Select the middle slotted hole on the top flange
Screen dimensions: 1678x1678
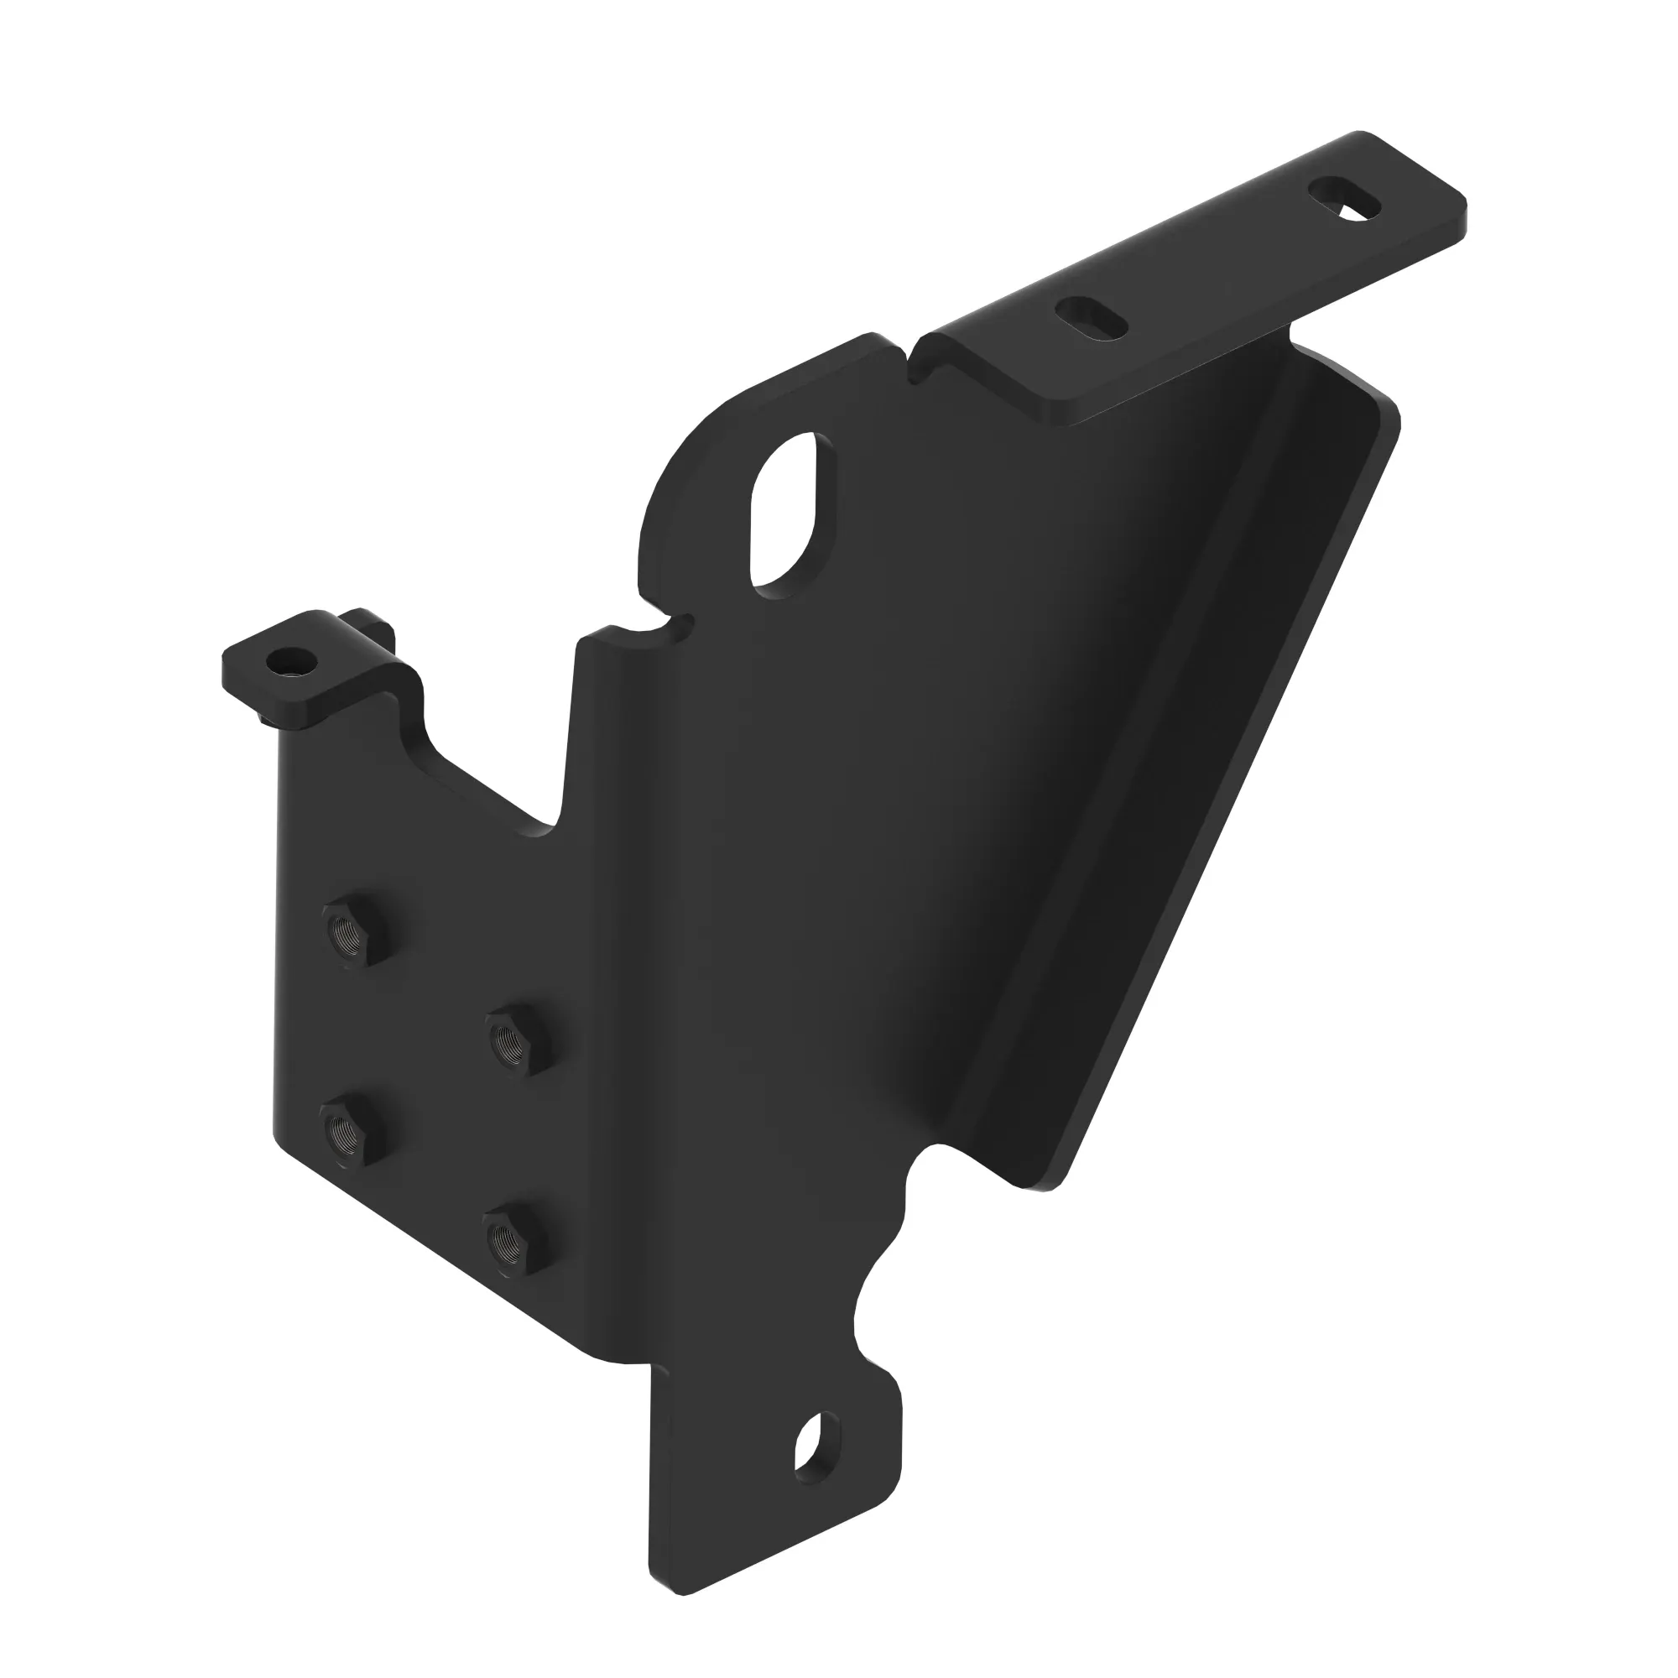[x=1092, y=319]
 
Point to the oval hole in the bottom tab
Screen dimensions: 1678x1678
[x=817, y=1448]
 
